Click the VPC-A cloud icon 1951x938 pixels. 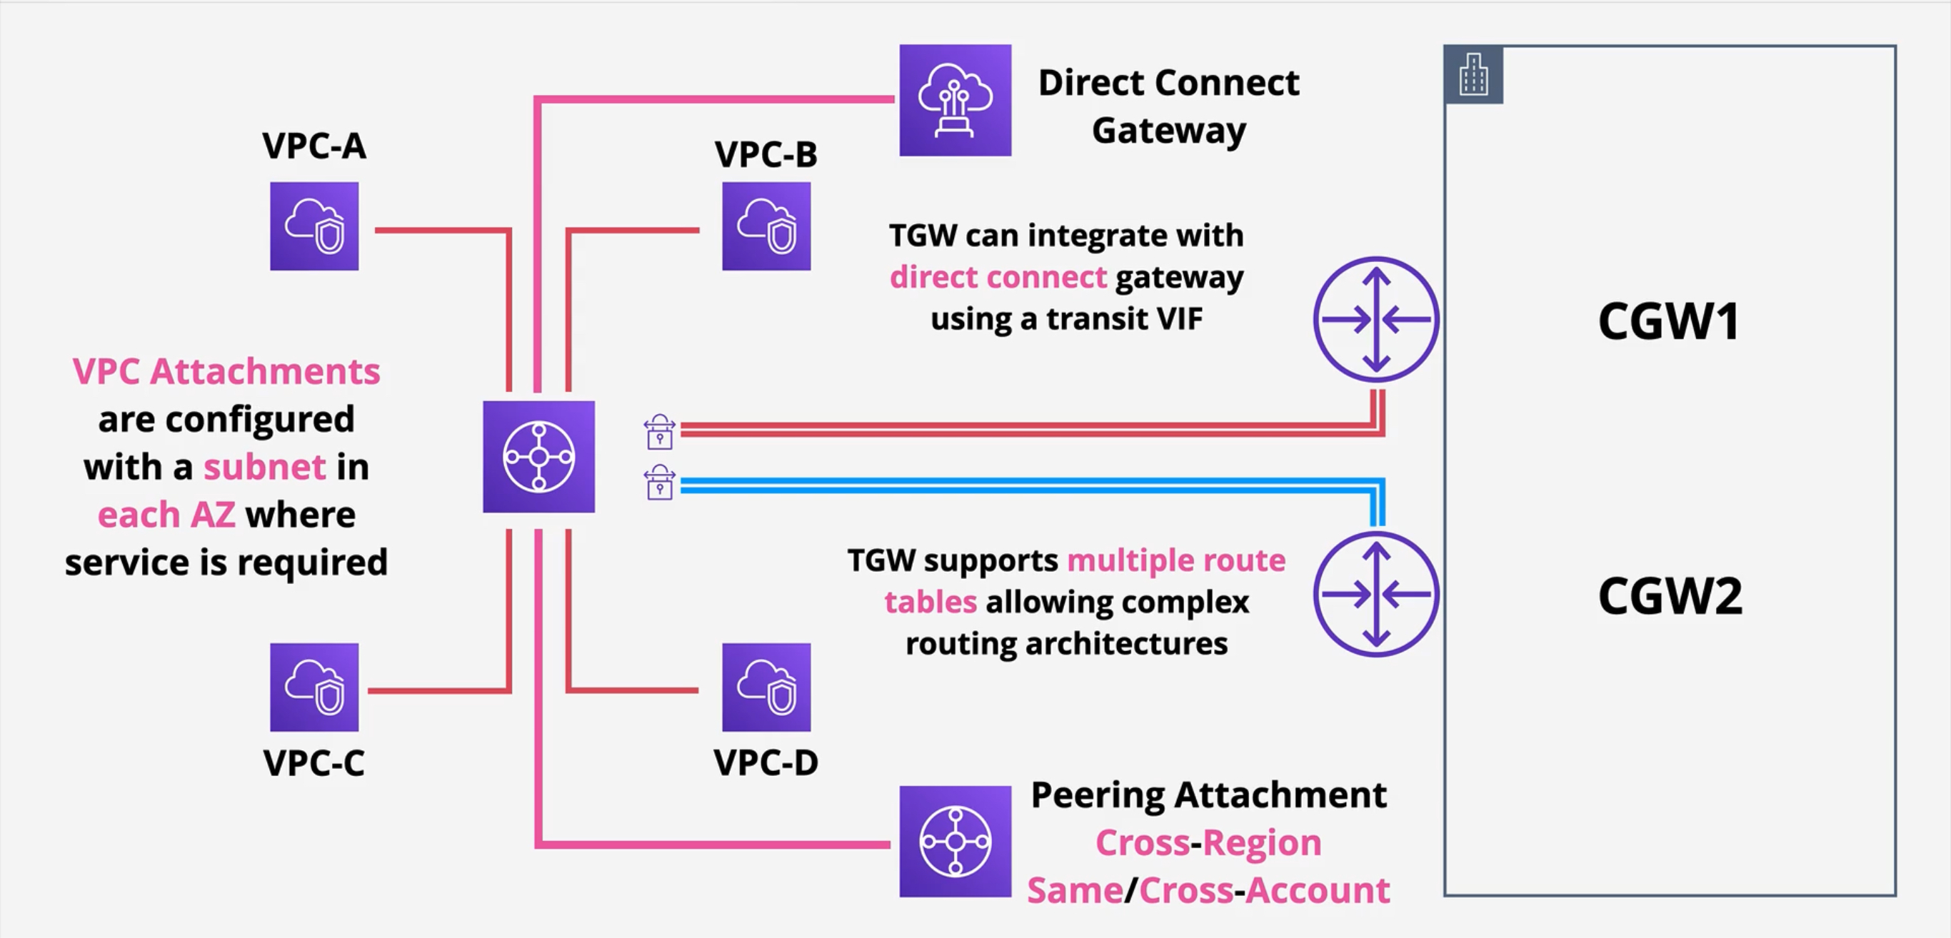point(314,226)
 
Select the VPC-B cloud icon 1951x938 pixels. point(766,226)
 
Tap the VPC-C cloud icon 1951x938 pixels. point(314,687)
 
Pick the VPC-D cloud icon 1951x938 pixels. point(766,687)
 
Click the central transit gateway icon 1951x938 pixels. point(538,457)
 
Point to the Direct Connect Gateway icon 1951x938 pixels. point(955,100)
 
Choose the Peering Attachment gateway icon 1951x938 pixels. point(955,841)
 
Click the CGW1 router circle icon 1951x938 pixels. point(1375,318)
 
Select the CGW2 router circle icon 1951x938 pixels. point(1375,595)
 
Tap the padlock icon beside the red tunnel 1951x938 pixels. point(660,432)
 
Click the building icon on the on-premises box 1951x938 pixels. point(1473,74)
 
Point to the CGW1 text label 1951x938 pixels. point(1668,321)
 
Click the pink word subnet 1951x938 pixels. point(264,467)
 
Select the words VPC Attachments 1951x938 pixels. point(226,372)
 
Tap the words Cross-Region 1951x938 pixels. point(1208,842)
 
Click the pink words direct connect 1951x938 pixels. point(998,277)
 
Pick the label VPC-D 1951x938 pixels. point(766,762)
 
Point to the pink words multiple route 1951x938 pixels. point(1175,561)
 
